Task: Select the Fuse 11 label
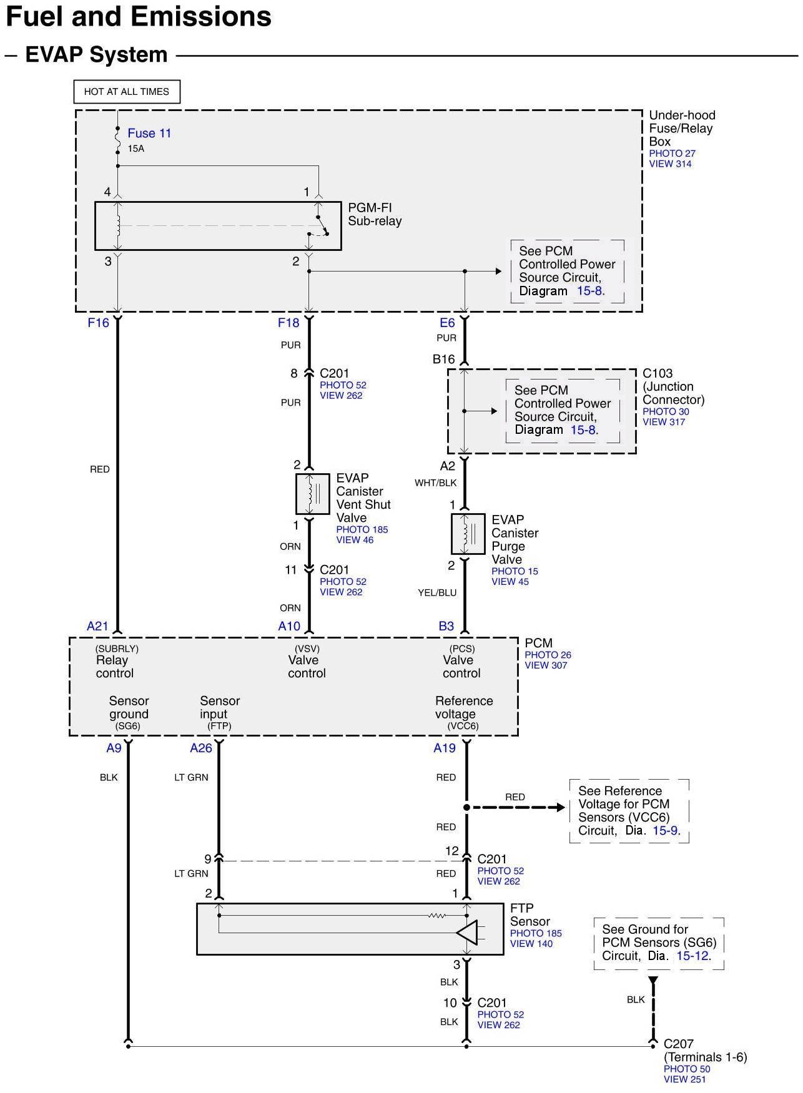coord(149,133)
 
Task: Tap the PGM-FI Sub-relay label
coord(375,214)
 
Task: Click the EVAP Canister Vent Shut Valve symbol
coord(312,494)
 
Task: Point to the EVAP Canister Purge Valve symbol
coord(468,534)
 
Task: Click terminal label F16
coord(99,323)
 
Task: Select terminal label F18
coord(288,323)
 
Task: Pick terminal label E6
coord(447,323)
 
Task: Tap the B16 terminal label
coord(444,359)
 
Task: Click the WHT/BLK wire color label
coord(436,483)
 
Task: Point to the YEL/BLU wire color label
coord(437,592)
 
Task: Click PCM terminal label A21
coord(98,626)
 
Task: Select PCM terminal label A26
coord(201,748)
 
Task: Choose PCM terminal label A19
coord(445,748)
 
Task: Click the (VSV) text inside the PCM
coord(307,649)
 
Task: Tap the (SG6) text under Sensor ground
coord(128,726)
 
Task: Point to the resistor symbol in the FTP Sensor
coord(436,916)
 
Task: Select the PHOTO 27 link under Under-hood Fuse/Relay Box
coord(672,154)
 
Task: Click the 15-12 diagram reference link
coord(692,956)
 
